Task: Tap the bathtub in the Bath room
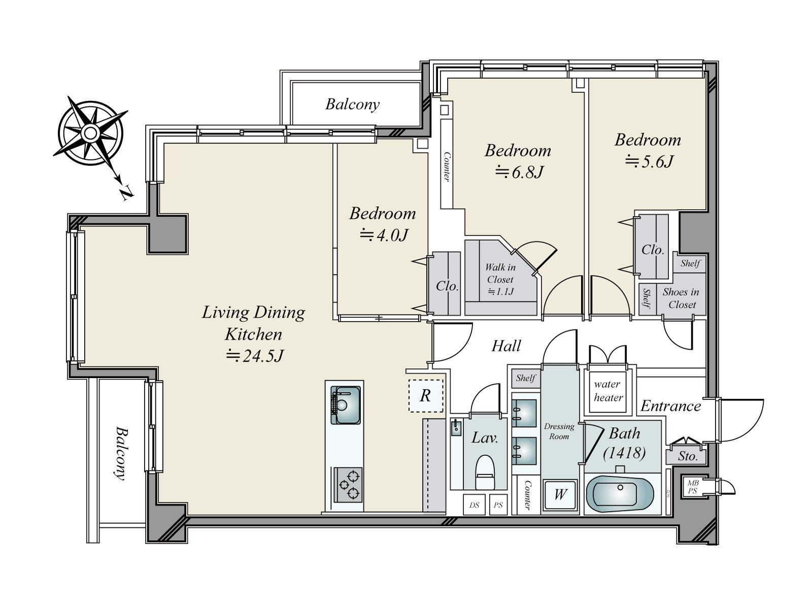[x=620, y=493]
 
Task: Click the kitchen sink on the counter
[x=345, y=405]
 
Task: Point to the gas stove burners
[x=348, y=484]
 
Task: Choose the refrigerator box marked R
[x=426, y=395]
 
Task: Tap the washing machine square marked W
[x=560, y=494]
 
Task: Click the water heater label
[x=608, y=391]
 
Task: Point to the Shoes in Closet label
[x=681, y=298]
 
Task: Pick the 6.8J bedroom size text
[x=519, y=172]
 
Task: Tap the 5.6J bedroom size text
[x=649, y=161]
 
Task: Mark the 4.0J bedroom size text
[x=384, y=235]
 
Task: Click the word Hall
[x=506, y=346]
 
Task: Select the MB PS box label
[x=693, y=487]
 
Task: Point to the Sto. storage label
[x=687, y=457]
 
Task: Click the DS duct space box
[x=474, y=505]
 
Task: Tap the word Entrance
[x=671, y=406]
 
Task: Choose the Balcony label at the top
[x=353, y=104]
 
